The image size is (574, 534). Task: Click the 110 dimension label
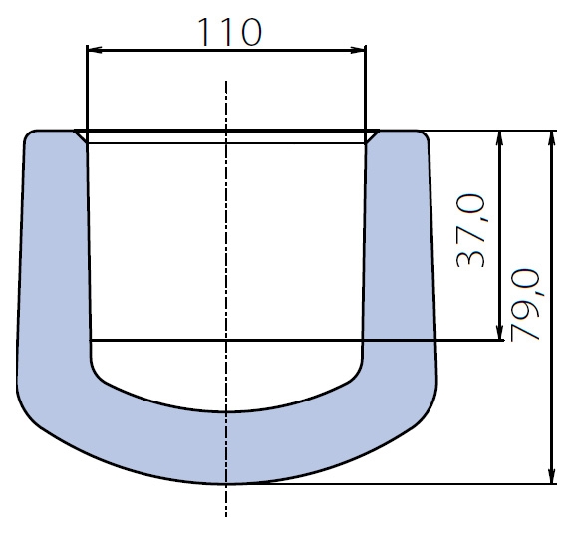[230, 32]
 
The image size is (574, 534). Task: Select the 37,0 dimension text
[471, 230]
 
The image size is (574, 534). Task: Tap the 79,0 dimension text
[525, 305]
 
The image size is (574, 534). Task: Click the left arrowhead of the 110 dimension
[95, 50]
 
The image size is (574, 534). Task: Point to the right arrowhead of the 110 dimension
[358, 50]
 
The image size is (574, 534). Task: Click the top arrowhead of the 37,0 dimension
[500, 137]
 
